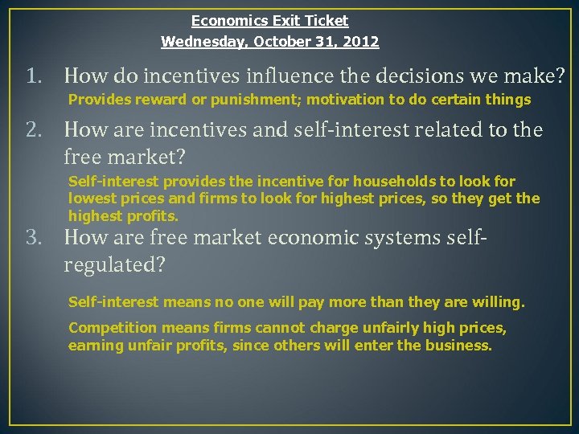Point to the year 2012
362,41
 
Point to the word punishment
263,100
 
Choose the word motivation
344,100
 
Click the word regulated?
114,265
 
